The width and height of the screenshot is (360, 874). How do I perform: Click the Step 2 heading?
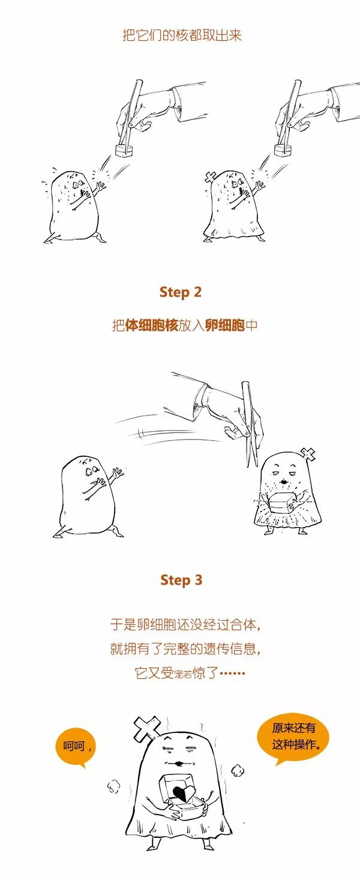pyautogui.click(x=181, y=292)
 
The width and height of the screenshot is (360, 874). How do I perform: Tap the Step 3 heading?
pyautogui.click(x=181, y=580)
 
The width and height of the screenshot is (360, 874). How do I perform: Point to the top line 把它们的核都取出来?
pyautogui.click(x=182, y=35)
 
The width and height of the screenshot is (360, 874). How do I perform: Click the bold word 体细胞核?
pyautogui.click(x=152, y=325)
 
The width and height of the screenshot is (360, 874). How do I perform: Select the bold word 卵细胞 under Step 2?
pyautogui.click(x=225, y=325)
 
